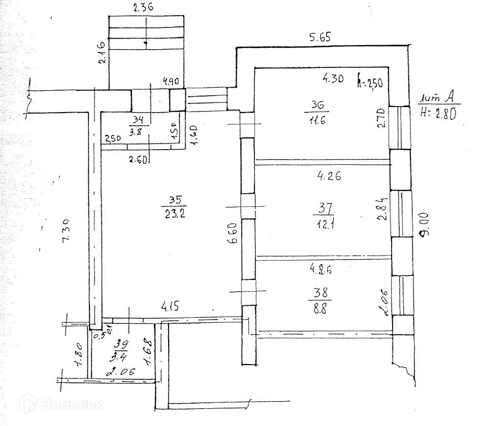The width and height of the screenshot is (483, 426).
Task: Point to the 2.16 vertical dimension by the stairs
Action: pos(102,51)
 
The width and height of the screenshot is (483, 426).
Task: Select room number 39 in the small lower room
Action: pos(120,343)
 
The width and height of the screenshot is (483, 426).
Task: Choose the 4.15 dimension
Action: pos(171,306)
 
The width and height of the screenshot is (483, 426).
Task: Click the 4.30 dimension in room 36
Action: pos(334,79)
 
